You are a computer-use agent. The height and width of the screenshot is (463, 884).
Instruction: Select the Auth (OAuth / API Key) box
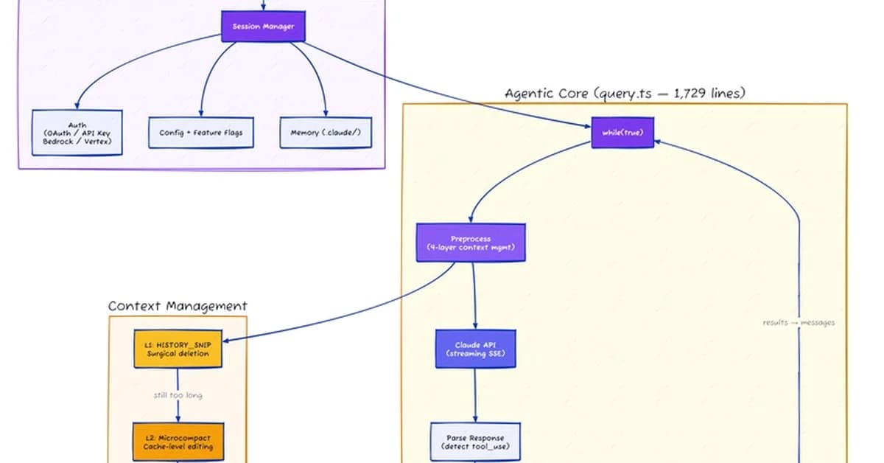(x=76, y=133)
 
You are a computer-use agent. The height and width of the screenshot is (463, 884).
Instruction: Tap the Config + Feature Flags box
(x=200, y=133)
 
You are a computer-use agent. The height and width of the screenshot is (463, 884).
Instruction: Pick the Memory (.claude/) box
(x=326, y=133)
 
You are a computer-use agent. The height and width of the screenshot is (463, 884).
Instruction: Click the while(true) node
(x=622, y=132)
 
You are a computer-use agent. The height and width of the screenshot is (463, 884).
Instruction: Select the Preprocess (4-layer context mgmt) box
(x=471, y=243)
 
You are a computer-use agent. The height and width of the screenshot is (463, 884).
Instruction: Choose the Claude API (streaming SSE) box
(x=475, y=349)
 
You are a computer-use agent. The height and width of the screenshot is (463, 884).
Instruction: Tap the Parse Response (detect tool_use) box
(x=475, y=442)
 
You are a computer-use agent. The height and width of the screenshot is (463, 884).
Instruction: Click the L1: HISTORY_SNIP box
(x=178, y=349)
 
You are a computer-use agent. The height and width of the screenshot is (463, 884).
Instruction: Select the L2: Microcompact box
(x=178, y=442)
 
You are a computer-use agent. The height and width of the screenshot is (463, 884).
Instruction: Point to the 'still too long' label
(x=178, y=395)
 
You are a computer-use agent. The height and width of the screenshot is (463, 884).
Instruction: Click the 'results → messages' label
(x=799, y=322)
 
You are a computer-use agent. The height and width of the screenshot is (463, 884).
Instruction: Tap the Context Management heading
(x=178, y=306)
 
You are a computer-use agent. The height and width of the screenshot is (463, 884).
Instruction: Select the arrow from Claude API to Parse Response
(x=475, y=395)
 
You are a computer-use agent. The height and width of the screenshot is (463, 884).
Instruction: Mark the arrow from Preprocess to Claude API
(x=474, y=295)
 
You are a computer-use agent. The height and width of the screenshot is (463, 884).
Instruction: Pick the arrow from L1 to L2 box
(x=178, y=409)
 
